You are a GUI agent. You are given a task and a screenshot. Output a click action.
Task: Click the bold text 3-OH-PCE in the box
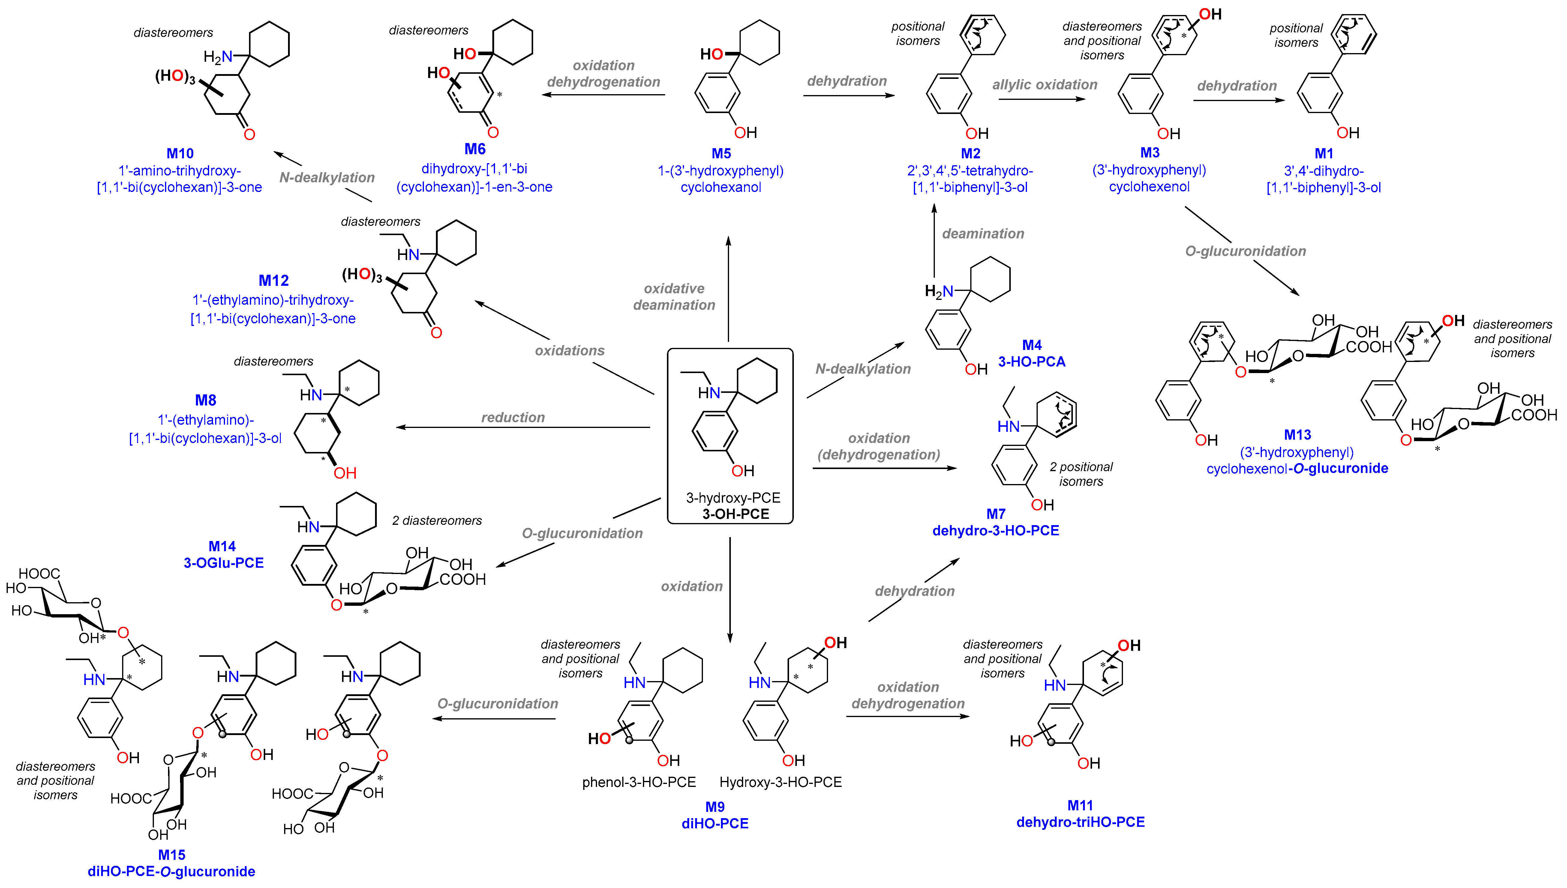(x=736, y=514)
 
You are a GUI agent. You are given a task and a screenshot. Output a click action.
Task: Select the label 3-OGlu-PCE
(x=224, y=563)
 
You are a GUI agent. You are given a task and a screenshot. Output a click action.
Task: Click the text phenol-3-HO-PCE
(x=639, y=782)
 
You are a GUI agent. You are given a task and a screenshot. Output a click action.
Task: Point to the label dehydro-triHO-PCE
(x=1080, y=822)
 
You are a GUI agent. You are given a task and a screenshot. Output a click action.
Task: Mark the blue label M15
(x=171, y=854)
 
